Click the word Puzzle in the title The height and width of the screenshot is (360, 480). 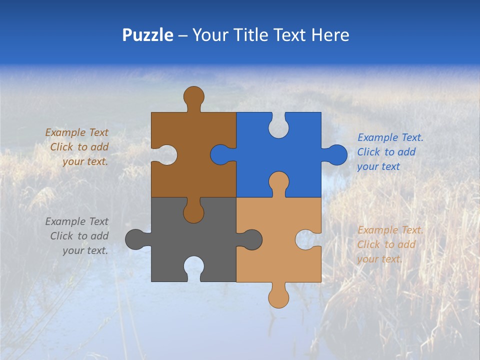pyautogui.click(x=147, y=35)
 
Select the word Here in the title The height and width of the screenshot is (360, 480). pyautogui.click(x=330, y=35)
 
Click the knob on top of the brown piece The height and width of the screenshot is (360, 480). pyautogui.click(x=193, y=96)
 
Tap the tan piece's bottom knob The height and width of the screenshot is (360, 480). pyautogui.click(x=278, y=297)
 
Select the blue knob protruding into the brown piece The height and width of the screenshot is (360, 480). pyautogui.click(x=220, y=155)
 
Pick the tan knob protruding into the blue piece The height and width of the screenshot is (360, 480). pyautogui.click(x=278, y=181)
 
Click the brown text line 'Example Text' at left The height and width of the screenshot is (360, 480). pyautogui.click(x=76, y=132)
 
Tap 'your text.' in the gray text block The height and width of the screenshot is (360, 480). pyautogui.click(x=85, y=250)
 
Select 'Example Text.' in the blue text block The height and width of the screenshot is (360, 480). pyautogui.click(x=390, y=137)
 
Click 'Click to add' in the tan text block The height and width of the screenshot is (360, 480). pyautogui.click(x=386, y=244)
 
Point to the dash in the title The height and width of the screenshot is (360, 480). pyautogui.click(x=183, y=35)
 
